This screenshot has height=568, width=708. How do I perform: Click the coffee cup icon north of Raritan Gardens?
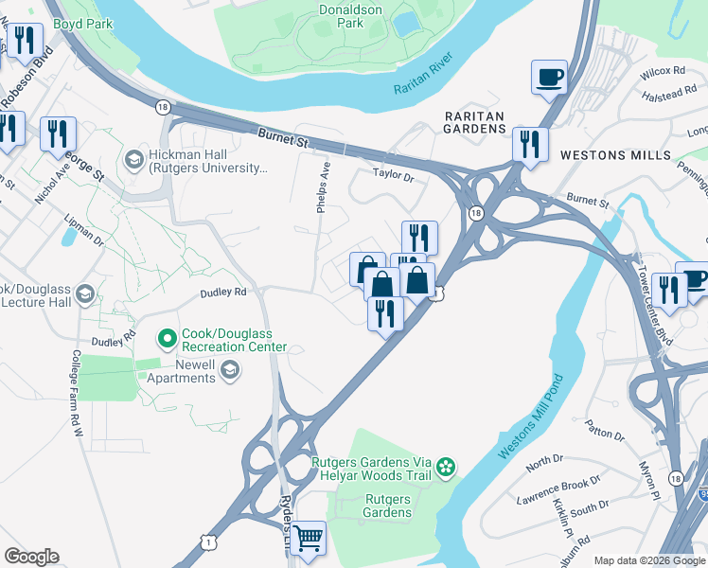(x=549, y=77)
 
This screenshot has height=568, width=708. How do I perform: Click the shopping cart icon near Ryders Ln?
(x=308, y=538)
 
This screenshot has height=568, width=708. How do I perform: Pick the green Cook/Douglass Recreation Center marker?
(x=168, y=337)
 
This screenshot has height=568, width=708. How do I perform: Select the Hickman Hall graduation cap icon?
(x=133, y=158)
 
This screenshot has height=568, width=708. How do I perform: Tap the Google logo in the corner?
(x=31, y=557)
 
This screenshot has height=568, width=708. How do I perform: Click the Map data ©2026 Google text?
(x=648, y=560)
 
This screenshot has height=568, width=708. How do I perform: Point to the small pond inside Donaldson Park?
(x=408, y=23)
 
